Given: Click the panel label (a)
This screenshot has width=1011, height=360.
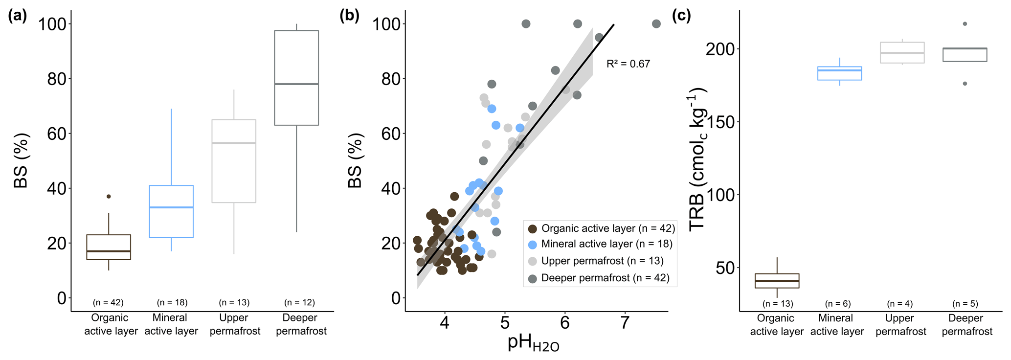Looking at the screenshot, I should tap(17, 16).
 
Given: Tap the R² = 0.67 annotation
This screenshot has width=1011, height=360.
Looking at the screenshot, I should tap(628, 64).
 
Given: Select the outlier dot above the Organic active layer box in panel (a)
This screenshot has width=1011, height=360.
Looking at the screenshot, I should tap(109, 196).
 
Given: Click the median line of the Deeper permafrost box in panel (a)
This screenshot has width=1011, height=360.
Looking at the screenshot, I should tap(296, 84).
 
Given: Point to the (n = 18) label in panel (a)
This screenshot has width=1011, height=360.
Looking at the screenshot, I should tap(172, 302).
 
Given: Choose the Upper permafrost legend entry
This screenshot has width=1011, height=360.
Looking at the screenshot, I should tap(602, 261).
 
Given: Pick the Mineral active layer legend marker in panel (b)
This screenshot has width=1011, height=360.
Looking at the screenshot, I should tap(533, 244).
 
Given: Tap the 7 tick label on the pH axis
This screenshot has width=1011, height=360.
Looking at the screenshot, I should tap(625, 323).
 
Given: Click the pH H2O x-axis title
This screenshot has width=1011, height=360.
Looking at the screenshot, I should tap(533, 343).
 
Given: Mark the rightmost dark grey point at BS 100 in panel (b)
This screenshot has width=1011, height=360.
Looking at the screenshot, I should tap(656, 24).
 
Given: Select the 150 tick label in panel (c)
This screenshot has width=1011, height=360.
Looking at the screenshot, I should tap(720, 122).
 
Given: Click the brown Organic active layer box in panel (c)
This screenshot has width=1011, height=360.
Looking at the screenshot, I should tap(777, 281).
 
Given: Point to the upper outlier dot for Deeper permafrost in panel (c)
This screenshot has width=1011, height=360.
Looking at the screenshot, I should tap(965, 23).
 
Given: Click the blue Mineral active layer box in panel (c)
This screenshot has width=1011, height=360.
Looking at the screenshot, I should tap(840, 73).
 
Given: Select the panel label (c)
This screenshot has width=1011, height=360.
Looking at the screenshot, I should tap(681, 16).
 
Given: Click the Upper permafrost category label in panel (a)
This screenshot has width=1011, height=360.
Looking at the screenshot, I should tap(235, 324).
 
